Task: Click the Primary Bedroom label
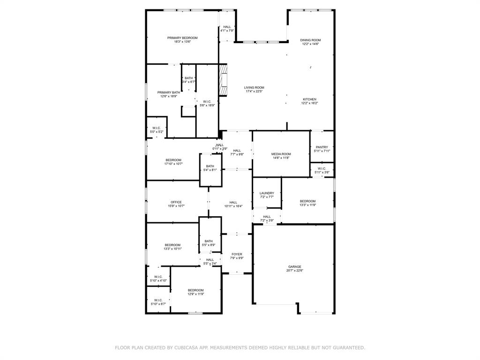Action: (x=182, y=38)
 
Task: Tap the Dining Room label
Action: (x=310, y=40)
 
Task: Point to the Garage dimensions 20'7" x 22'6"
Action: (x=295, y=270)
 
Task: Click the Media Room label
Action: (x=281, y=154)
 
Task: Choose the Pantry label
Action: (x=322, y=147)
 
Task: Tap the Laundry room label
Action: (x=267, y=193)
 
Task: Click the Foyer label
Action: (x=237, y=254)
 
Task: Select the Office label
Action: (x=176, y=202)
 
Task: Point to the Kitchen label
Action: (x=309, y=99)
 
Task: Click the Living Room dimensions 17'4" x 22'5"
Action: (x=254, y=91)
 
